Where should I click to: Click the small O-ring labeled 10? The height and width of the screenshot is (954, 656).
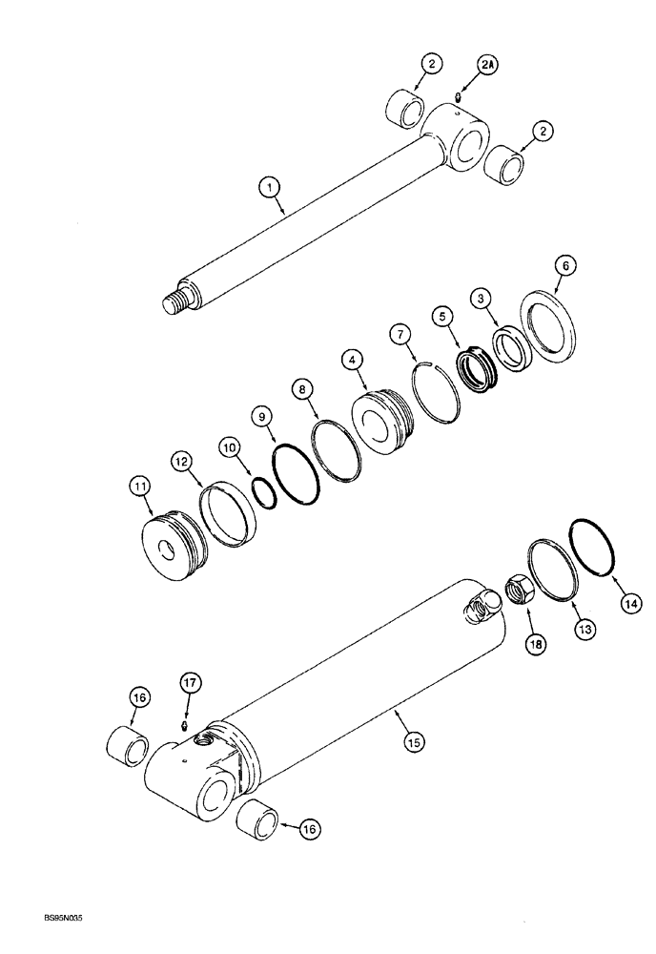(265, 492)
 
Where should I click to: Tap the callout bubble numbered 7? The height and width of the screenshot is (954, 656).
(399, 335)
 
